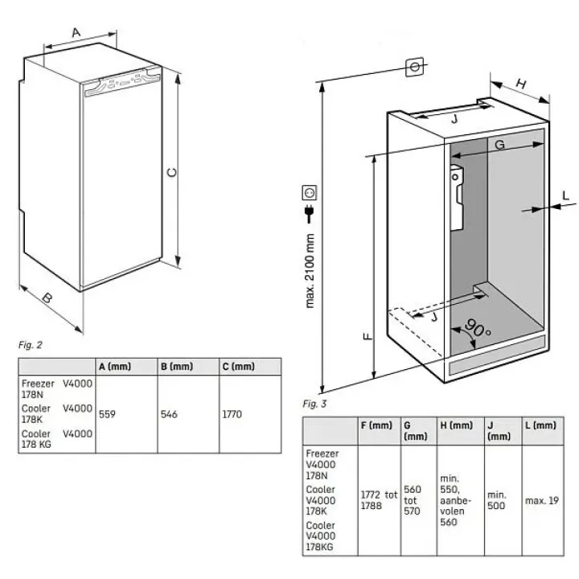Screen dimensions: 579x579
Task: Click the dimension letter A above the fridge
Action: pos(76,32)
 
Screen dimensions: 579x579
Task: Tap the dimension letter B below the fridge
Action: pos(47,298)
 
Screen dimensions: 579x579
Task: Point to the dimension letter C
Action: pos(171,172)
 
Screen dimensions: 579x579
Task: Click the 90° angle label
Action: pos(477,330)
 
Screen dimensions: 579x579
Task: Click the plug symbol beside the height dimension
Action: pos(308,213)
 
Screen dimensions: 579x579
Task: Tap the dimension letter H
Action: pos(521,83)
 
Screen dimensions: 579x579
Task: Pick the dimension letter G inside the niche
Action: pos(499,145)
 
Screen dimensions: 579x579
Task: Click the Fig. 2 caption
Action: pos(30,345)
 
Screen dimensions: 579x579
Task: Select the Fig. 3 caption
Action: pos(314,404)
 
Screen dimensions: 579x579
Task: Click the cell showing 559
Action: pos(108,415)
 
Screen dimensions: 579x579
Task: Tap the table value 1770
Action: pos(232,415)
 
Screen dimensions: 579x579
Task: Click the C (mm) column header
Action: pos(238,366)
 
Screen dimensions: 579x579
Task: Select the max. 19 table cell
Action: pos(541,500)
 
